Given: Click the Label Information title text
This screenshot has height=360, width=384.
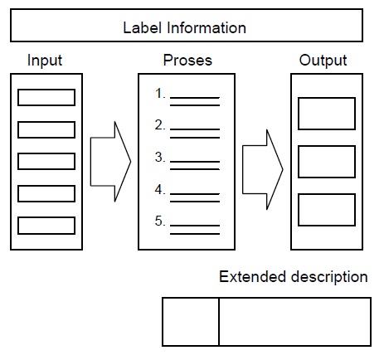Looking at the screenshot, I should [x=184, y=28].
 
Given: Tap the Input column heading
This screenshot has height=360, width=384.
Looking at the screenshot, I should [x=45, y=61].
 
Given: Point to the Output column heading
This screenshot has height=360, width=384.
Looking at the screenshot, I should [x=323, y=61].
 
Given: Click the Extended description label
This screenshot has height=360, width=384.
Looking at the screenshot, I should [x=293, y=277].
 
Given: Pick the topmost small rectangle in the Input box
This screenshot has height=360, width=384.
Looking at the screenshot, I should [x=46, y=98].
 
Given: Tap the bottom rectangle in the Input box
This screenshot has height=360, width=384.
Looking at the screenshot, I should [x=46, y=225].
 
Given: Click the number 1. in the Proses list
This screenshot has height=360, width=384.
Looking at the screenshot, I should [x=161, y=95].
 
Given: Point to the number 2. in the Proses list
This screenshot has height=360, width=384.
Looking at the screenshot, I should [x=161, y=126].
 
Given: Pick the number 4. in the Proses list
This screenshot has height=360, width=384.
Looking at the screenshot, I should [x=161, y=189].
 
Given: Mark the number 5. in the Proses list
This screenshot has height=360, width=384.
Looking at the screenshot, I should [x=161, y=221].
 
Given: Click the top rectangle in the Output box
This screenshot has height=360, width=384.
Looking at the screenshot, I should [x=326, y=114].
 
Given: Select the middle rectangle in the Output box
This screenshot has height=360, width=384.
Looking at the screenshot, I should [x=326, y=162].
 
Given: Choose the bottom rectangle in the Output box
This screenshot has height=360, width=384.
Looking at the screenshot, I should [x=326, y=210].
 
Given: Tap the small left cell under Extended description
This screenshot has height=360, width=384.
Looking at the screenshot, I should [x=190, y=322].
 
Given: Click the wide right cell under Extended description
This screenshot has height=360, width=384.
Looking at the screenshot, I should [x=294, y=322].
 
